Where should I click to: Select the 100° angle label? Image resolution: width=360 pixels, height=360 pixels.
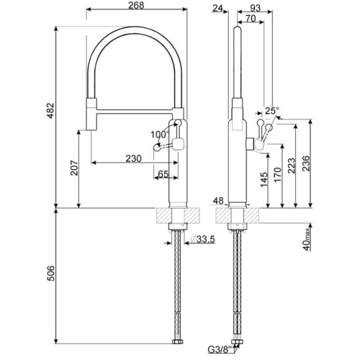[158, 134]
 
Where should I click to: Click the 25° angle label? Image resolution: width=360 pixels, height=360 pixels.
[271, 111]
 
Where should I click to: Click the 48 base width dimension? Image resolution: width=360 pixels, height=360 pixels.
[220, 202]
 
